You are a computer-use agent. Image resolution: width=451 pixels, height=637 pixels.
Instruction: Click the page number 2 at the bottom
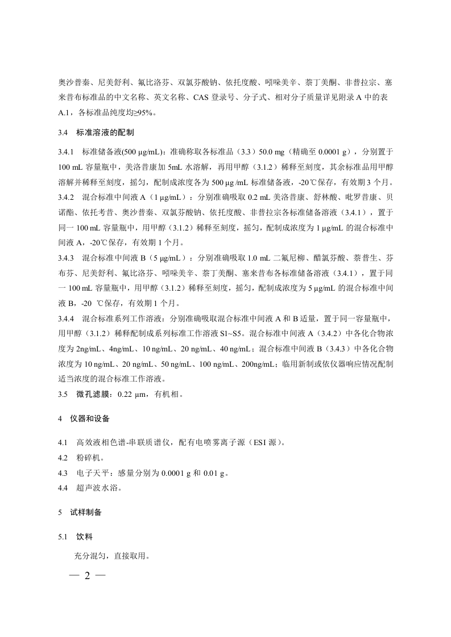[87, 576]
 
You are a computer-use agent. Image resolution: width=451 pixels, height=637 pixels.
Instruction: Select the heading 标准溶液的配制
[105, 133]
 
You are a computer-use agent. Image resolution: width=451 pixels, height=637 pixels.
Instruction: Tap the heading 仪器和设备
[90, 419]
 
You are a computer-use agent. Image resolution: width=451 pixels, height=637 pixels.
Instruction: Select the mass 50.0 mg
[272, 153]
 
